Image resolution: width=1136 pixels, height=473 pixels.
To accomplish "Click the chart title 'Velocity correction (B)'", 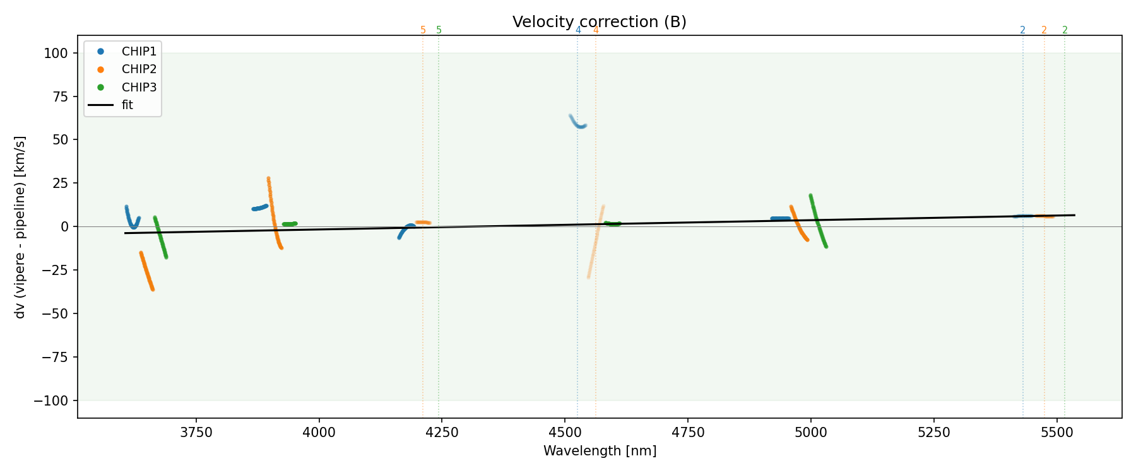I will point(599,22).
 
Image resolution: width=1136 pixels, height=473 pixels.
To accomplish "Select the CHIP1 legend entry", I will point(139,51).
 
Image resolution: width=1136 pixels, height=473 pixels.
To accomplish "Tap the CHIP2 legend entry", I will point(139,69).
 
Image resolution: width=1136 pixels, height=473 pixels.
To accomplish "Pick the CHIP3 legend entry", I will point(139,88).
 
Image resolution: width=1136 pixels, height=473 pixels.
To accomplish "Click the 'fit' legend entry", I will point(127,105).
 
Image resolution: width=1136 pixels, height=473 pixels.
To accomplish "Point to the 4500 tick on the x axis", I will point(565,433).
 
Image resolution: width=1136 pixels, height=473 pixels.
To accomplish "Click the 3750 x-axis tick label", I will point(196,433).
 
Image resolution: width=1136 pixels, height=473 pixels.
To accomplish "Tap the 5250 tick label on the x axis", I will point(933,433).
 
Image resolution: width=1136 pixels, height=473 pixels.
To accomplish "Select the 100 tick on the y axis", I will point(56,54).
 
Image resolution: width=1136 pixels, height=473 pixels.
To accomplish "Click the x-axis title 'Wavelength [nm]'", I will point(600,452).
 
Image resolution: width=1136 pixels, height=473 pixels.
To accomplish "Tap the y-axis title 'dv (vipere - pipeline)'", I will point(20,227).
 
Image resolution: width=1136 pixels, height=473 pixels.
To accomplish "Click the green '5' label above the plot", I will point(439,30).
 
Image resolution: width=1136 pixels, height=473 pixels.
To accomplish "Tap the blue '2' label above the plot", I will point(1022,30).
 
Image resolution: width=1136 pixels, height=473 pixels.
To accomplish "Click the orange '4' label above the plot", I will point(596,30).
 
